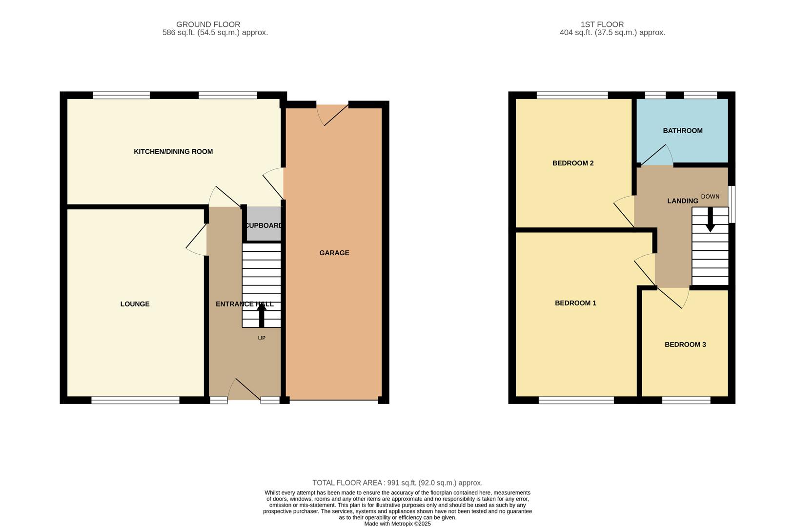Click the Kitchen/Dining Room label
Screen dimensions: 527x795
point(173,152)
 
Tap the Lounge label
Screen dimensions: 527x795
point(135,304)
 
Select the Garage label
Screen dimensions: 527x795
point(334,253)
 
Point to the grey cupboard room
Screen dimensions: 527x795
point(264,225)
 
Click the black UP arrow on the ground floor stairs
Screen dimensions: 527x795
point(262,313)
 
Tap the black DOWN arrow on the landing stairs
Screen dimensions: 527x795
point(710,220)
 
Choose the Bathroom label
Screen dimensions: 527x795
point(682,131)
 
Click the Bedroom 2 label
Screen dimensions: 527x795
point(572,163)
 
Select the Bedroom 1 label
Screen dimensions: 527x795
point(575,303)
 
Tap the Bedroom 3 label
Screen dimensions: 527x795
point(685,345)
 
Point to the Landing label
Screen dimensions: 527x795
point(682,201)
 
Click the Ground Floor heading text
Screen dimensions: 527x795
point(208,24)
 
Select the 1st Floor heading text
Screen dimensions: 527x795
point(602,24)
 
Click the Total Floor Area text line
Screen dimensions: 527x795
point(397,483)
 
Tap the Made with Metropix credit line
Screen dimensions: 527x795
point(397,524)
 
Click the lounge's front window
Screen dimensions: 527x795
point(135,400)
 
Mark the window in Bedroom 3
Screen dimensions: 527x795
point(686,400)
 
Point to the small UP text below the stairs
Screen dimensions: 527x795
point(262,338)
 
